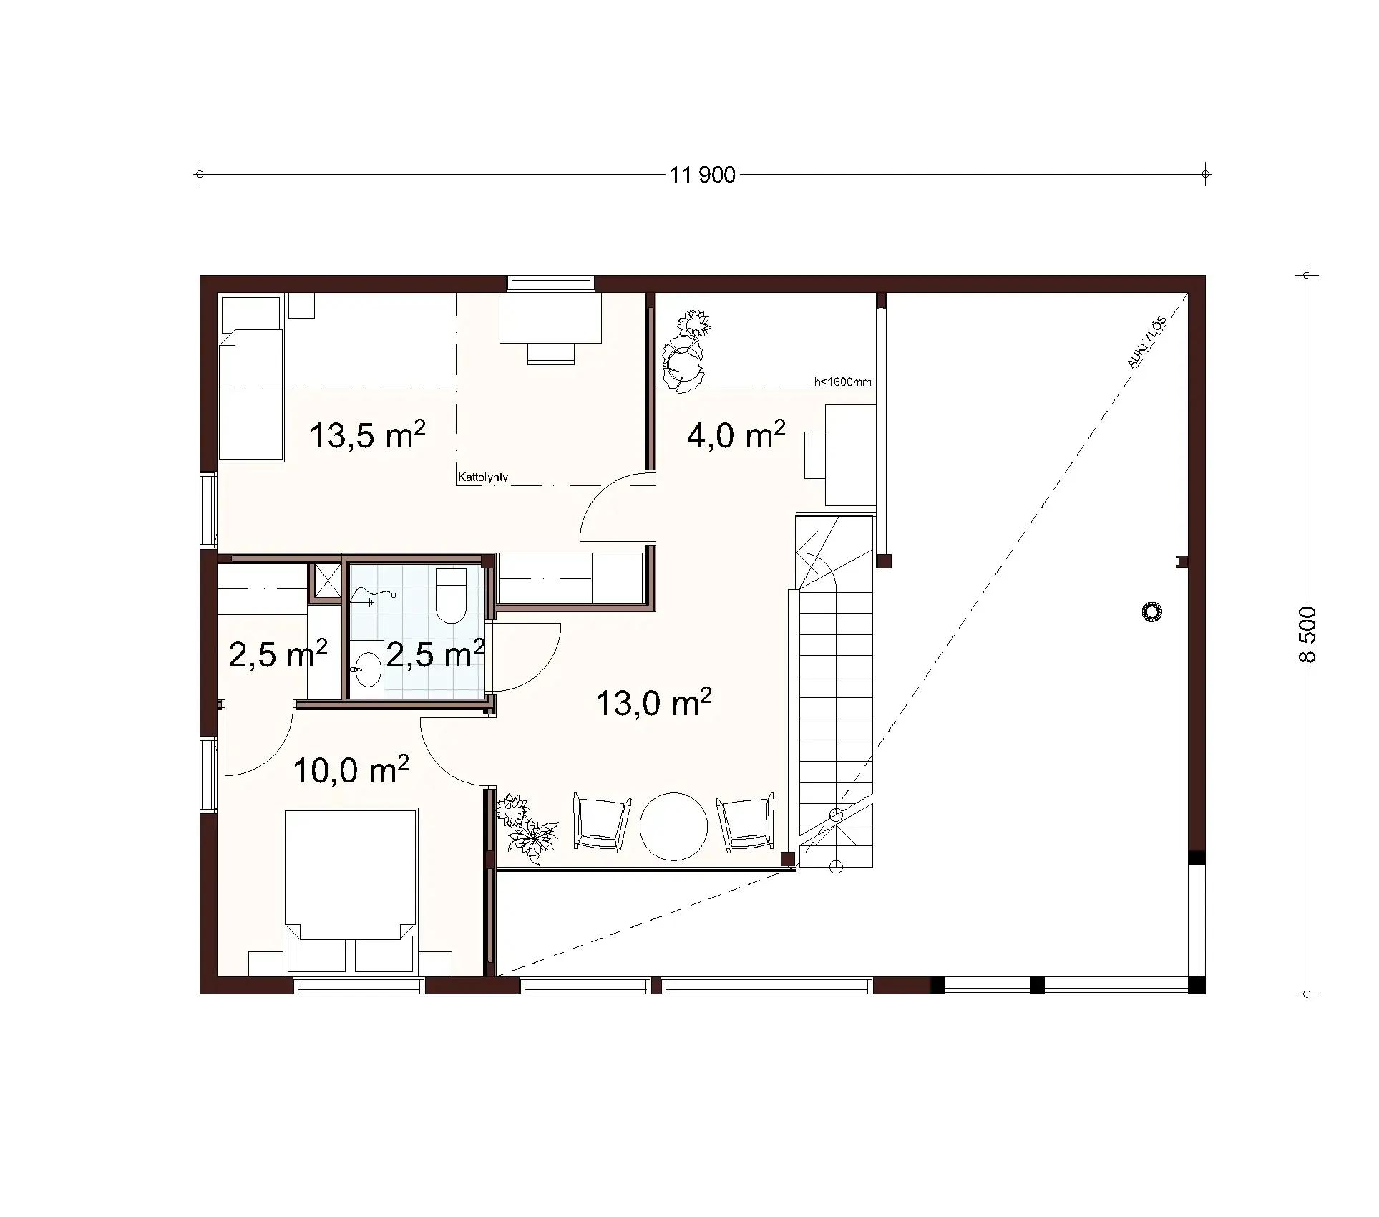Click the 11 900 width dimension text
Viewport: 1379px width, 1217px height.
pos(703,175)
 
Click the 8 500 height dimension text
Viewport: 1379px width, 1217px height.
pos(1306,634)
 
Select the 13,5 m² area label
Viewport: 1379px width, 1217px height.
pos(367,435)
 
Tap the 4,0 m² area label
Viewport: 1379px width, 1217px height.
pos(736,435)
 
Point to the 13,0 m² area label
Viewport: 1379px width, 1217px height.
pos(653,703)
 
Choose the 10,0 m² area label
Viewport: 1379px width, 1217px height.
pos(351,770)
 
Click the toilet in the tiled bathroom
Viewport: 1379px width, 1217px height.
pos(451,596)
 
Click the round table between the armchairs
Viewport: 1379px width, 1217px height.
pos(673,825)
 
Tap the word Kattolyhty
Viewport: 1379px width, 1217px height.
pos(482,477)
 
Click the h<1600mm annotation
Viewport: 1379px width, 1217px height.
pos(842,382)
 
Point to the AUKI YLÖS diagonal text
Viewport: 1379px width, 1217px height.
pos(1146,343)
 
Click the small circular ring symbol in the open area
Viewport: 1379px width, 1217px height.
pos(1151,612)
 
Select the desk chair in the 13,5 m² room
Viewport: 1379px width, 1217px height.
pos(551,353)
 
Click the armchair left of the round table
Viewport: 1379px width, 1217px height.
pos(602,822)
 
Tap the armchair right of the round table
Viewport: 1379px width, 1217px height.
pos(746,822)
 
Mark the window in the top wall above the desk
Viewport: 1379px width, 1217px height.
pos(550,283)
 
